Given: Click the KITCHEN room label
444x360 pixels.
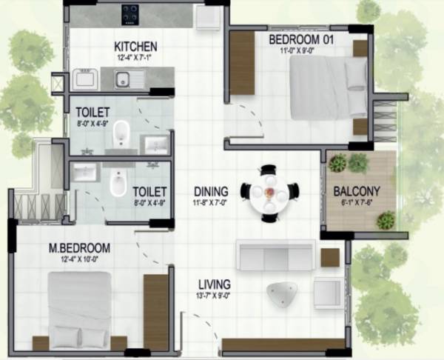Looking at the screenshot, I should [x=135, y=46].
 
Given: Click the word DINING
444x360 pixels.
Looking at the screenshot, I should [x=211, y=190].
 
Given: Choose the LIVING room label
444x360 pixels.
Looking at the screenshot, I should [x=214, y=284].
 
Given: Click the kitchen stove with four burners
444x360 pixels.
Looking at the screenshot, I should [x=131, y=12].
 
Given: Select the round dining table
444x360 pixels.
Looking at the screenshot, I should [x=269, y=192].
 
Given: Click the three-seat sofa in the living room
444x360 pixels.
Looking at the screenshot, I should [x=275, y=256].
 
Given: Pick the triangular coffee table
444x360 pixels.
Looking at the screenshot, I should [x=283, y=293].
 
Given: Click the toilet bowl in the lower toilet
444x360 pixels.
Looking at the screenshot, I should [x=117, y=184].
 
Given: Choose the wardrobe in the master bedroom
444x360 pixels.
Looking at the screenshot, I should [x=156, y=311].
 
